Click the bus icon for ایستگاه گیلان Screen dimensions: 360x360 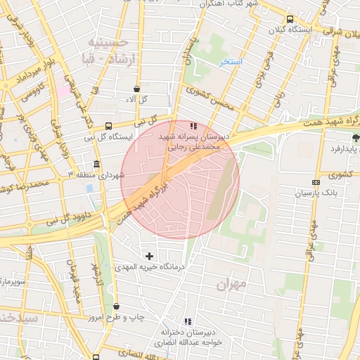point(290,19)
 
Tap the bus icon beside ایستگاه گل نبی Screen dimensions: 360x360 point(108,126)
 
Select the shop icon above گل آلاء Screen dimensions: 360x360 point(136,89)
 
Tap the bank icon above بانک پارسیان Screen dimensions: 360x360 point(316,182)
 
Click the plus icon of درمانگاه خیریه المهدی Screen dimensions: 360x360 point(148,256)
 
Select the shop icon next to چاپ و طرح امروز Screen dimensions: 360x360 point(116,307)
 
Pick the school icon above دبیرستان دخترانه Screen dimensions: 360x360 point(186,321)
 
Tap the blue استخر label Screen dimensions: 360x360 point(230,62)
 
